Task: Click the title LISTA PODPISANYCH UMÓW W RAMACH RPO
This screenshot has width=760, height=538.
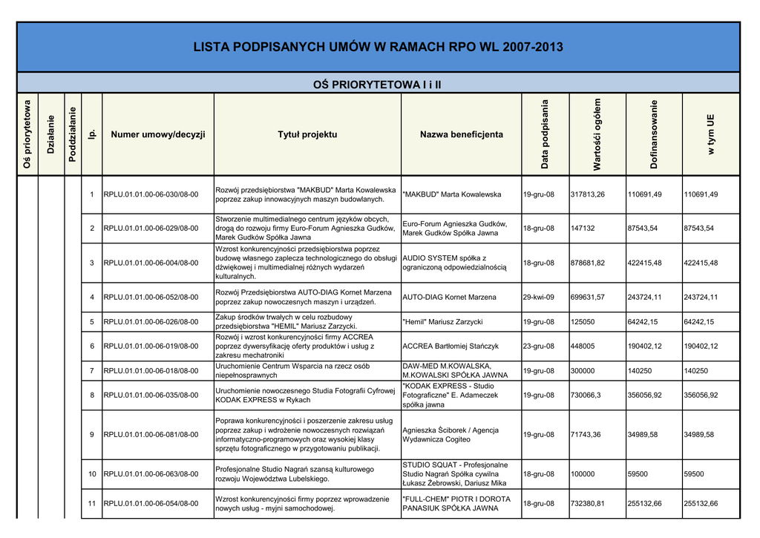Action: click(x=378, y=47)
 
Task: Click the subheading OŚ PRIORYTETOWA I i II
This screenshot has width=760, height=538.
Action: click(x=378, y=85)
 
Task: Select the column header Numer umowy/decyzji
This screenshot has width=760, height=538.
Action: click(x=157, y=134)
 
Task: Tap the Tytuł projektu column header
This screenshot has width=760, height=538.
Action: click(x=307, y=134)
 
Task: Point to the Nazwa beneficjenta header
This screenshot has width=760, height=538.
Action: click(x=461, y=134)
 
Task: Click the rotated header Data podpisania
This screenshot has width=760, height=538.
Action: click(x=545, y=134)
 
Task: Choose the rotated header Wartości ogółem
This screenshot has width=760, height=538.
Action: click(x=597, y=134)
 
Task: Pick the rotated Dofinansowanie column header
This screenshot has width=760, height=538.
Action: click(x=654, y=134)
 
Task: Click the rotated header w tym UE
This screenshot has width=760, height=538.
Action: click(x=710, y=134)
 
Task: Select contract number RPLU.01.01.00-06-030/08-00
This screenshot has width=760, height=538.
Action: click(x=151, y=194)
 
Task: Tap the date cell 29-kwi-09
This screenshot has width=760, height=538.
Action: click(x=539, y=298)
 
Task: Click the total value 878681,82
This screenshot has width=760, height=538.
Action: click(x=587, y=263)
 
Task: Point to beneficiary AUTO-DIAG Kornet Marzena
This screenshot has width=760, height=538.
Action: click(x=449, y=298)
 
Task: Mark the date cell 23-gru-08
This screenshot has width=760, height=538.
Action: click(x=539, y=346)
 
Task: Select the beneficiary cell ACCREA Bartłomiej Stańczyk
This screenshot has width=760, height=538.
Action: click(x=451, y=346)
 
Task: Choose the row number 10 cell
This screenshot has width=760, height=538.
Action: click(x=92, y=473)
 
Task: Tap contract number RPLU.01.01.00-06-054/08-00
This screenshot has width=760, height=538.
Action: click(x=151, y=504)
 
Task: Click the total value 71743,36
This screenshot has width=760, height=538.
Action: click(x=586, y=434)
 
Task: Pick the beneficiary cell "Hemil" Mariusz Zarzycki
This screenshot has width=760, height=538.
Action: click(x=442, y=322)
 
